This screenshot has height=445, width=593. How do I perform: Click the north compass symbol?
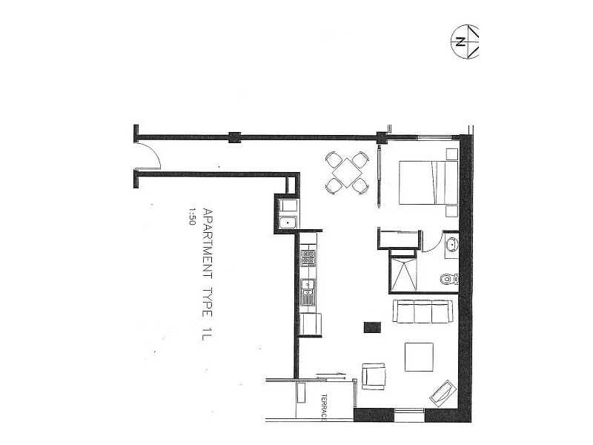click(x=466, y=41)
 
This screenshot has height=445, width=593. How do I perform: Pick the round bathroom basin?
click(x=451, y=245)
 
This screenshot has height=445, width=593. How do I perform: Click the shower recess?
click(x=403, y=274)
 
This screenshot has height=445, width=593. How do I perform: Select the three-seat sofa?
click(x=422, y=311)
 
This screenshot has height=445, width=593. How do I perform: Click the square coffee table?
click(x=420, y=356)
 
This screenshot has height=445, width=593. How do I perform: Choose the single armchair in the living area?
click(x=374, y=376)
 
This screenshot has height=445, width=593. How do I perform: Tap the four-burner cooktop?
click(x=308, y=258)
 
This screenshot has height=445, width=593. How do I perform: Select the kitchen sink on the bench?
click(x=308, y=291)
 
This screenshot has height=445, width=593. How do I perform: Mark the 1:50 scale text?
click(x=191, y=216)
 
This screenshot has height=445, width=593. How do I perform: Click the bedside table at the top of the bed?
click(x=451, y=154)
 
